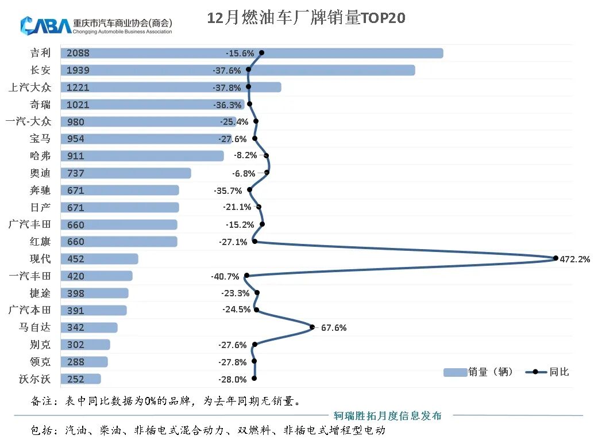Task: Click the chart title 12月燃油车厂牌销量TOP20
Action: click(x=306, y=18)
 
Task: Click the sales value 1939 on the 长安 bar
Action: click(x=78, y=70)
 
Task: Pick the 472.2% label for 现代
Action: click(x=574, y=259)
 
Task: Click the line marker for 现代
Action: click(x=556, y=258)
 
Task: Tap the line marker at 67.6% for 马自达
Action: click(x=313, y=327)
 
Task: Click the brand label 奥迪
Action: click(x=40, y=173)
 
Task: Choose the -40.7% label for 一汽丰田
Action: click(x=225, y=276)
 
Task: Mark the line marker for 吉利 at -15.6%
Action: click(x=261, y=52)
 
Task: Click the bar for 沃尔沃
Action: click(x=80, y=379)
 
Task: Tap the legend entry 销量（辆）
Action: click(x=479, y=372)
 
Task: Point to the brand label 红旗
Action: click(x=40, y=242)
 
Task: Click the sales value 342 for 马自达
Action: click(x=76, y=327)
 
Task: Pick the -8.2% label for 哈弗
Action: click(x=245, y=155)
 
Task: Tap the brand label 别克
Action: click(x=40, y=345)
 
